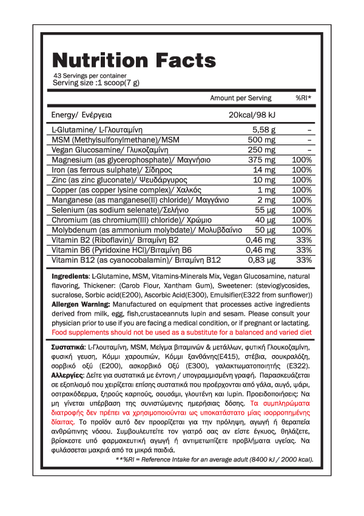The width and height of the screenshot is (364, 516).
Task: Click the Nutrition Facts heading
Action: (133, 61)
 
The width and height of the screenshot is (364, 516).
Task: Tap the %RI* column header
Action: (303, 98)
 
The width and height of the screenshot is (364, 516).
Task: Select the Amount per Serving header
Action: (241, 98)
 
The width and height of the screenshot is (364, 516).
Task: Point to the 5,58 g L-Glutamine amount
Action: (264, 129)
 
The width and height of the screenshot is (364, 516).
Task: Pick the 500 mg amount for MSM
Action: (264, 140)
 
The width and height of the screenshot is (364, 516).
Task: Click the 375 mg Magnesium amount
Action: (264, 160)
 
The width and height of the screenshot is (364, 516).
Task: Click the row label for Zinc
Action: (110, 180)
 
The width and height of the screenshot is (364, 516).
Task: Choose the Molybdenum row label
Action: (147, 230)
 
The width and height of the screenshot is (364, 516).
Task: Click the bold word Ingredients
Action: (71, 277)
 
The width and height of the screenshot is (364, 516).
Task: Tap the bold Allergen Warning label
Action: (81, 305)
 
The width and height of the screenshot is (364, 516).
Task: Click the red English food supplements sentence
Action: (182, 333)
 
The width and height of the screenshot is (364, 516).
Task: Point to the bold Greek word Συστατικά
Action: (72, 345)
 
